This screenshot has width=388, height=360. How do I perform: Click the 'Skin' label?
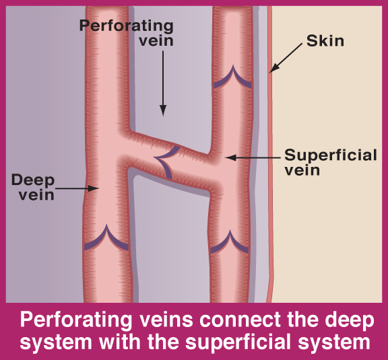(325, 41)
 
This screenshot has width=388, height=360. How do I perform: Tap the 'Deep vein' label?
(33, 187)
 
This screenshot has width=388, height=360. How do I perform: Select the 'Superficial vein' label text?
(331, 162)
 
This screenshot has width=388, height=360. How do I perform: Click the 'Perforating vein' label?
(126, 33)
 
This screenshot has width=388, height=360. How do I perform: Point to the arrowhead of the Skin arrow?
(274, 69)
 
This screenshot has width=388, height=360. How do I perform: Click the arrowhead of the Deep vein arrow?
(94, 188)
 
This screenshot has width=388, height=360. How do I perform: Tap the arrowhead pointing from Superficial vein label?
(230, 157)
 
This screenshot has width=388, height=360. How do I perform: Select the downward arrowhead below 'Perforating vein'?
(163, 110)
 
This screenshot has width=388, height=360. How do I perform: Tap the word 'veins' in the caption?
(166, 320)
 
